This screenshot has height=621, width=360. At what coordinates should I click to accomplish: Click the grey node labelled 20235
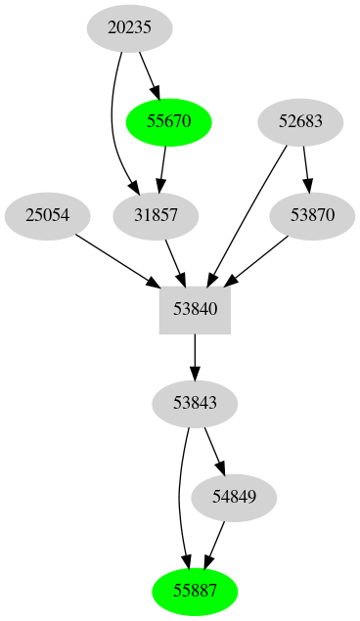(x=129, y=28)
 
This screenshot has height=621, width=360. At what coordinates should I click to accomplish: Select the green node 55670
(x=169, y=122)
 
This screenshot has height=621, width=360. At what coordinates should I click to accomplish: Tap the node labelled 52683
(x=300, y=122)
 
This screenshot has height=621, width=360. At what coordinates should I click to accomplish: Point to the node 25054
(x=48, y=216)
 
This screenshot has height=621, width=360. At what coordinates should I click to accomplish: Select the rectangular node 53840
(x=195, y=310)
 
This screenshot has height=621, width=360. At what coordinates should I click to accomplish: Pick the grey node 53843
(x=195, y=403)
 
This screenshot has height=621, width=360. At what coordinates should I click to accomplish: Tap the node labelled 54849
(x=234, y=497)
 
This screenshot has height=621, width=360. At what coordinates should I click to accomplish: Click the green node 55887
(x=195, y=591)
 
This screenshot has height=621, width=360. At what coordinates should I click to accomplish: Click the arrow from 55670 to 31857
(x=163, y=169)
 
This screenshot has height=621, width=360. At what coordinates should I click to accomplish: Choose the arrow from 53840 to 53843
(x=195, y=356)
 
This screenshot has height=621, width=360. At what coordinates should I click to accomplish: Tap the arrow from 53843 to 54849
(x=214, y=450)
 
